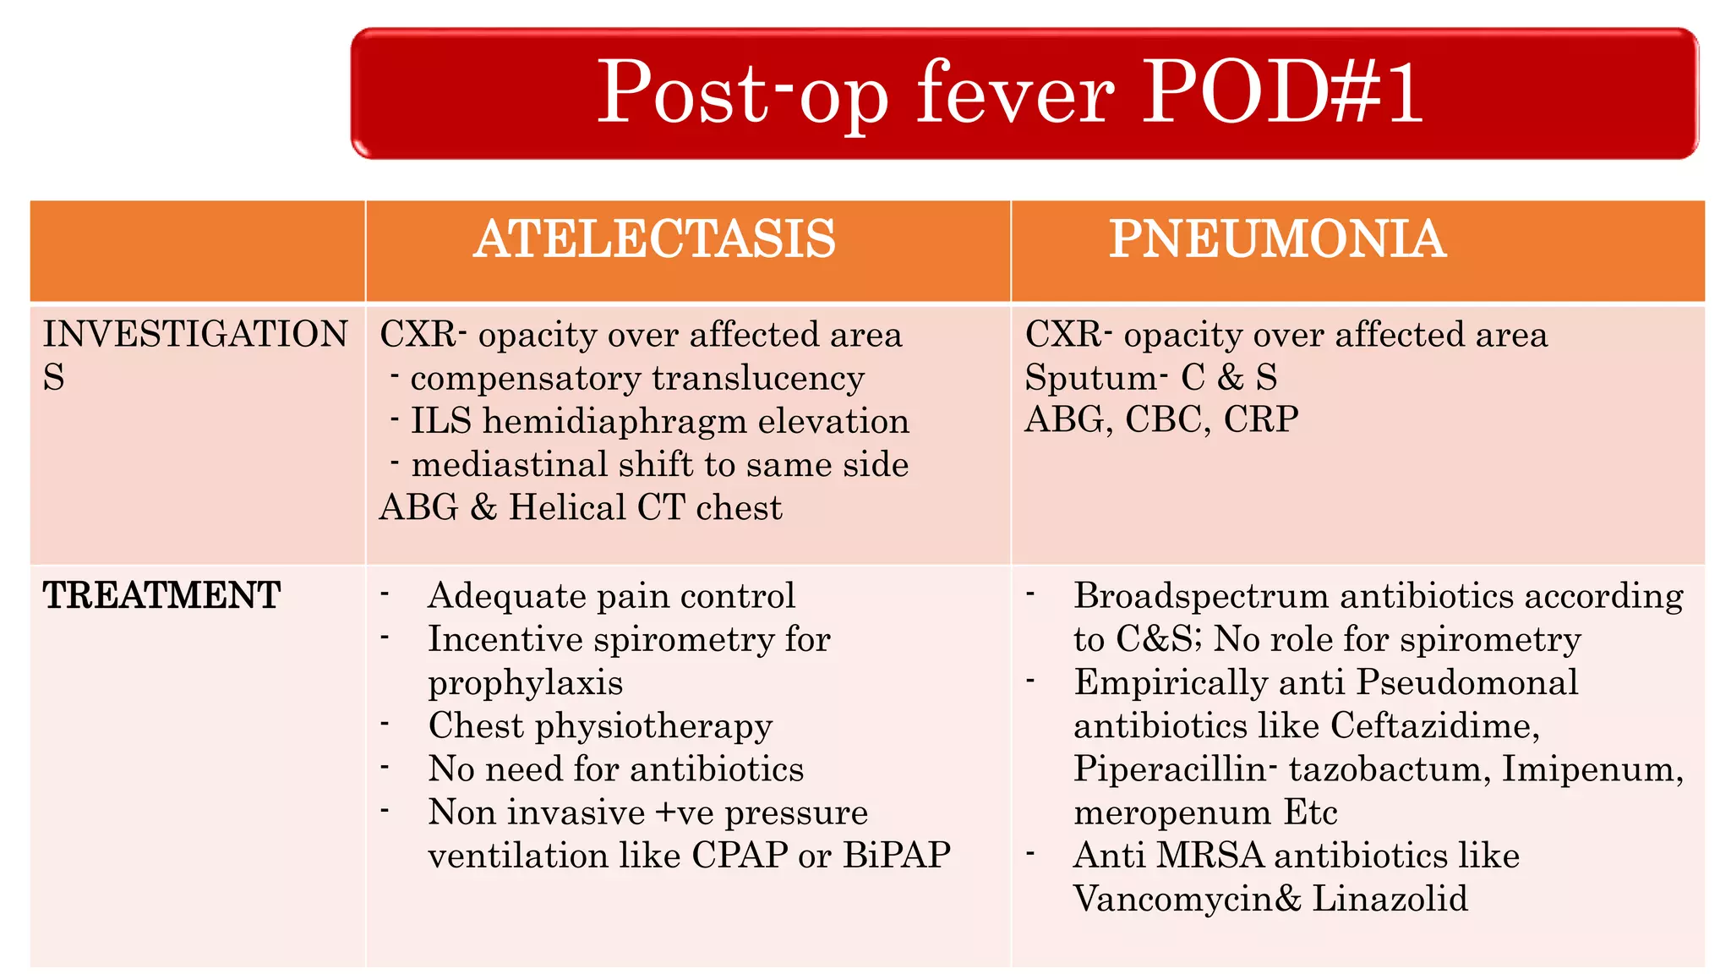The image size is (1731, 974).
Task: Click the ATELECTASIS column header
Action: tap(654, 239)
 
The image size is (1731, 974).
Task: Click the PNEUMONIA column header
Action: tap(1277, 239)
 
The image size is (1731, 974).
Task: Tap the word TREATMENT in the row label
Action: tap(161, 596)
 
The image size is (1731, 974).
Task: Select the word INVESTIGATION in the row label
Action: tap(195, 335)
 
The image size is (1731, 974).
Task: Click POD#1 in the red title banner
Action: tap(1282, 92)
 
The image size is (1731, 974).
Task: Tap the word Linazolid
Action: tap(1390, 899)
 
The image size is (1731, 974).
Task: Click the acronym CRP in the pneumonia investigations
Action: tap(1260, 420)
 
